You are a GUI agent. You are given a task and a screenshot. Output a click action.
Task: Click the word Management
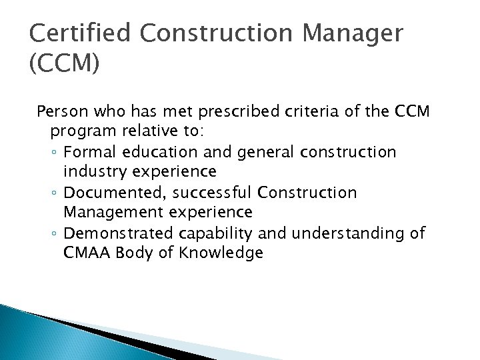[119, 212]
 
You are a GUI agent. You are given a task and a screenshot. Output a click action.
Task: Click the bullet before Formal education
[61, 153]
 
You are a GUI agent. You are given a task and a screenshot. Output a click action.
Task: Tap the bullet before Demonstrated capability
[61, 234]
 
